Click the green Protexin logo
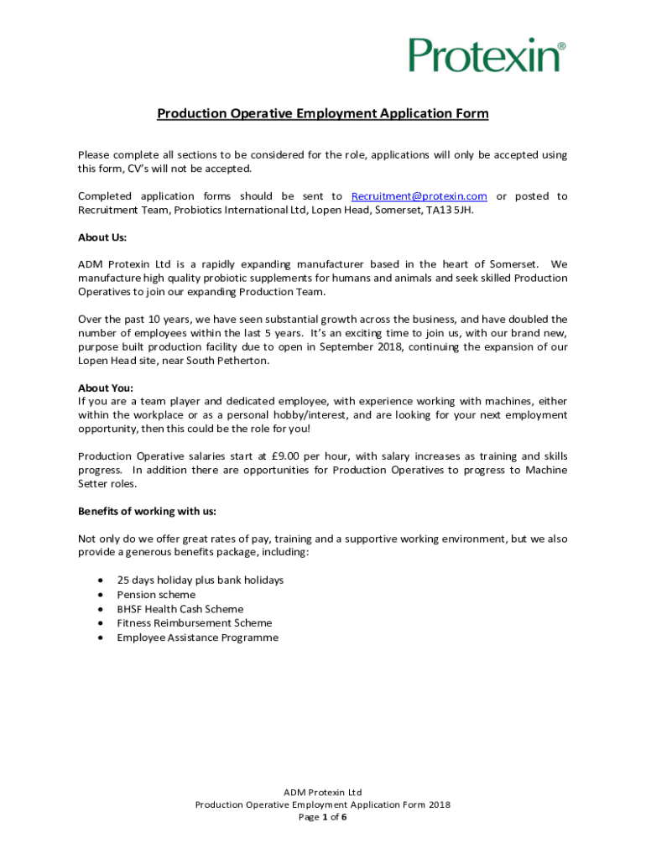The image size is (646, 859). (486, 55)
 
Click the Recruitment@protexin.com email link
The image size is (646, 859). (419, 196)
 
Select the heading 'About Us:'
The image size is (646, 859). (102, 237)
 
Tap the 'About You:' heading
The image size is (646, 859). (106, 388)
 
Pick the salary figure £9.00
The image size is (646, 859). (289, 456)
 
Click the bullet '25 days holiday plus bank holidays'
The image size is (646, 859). (200, 580)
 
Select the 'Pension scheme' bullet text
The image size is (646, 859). (156, 595)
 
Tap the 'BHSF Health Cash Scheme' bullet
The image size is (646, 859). (180, 609)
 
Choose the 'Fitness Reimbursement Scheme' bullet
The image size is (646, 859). (195, 623)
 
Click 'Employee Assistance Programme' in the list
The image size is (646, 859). (197, 638)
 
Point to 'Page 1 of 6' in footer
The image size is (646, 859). (323, 817)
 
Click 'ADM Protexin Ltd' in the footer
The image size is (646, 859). (323, 792)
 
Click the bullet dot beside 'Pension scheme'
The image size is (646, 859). (102, 595)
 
